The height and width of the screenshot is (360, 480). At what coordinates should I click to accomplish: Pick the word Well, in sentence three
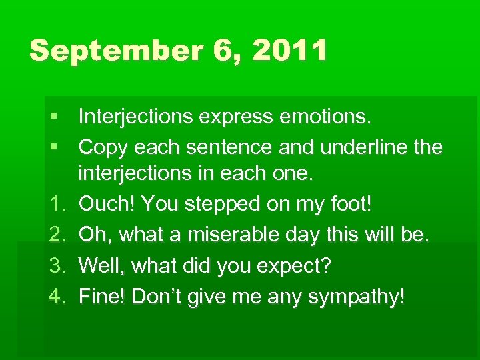103,267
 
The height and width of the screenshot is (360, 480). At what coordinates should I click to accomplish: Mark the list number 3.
56,267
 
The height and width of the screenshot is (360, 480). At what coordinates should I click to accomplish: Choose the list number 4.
56,296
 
